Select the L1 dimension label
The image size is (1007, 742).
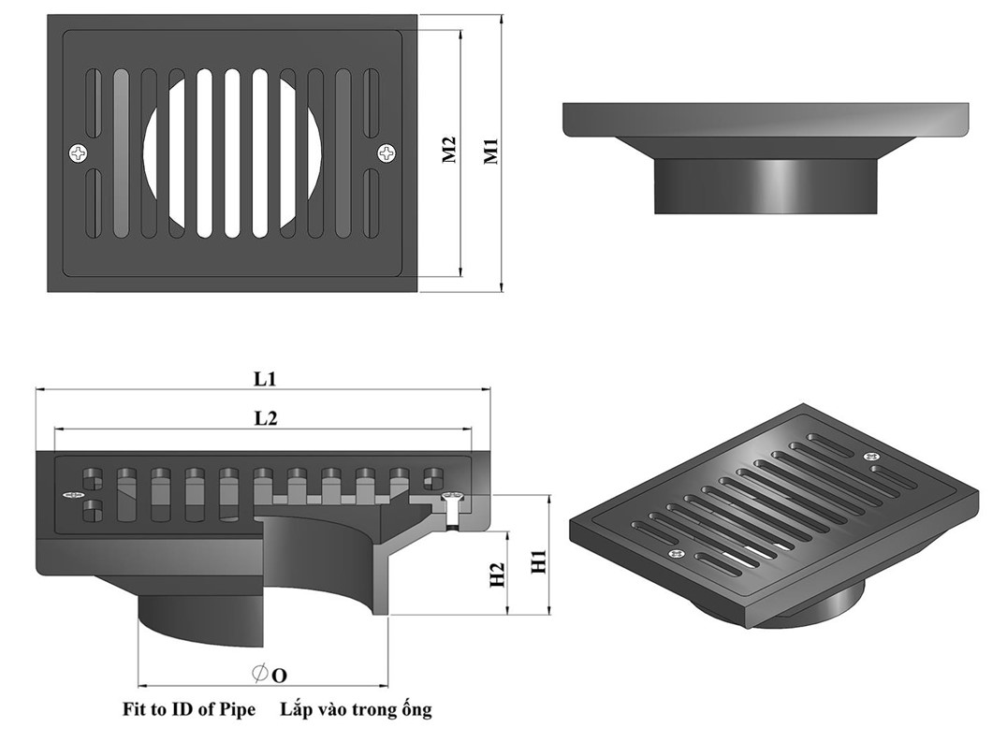(265, 380)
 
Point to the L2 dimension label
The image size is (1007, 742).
(266, 419)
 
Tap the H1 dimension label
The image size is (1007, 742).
(538, 561)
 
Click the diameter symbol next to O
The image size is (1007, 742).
(260, 673)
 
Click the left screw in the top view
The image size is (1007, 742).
(78, 152)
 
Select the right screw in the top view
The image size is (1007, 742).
(387, 152)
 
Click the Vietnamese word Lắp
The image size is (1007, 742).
(296, 709)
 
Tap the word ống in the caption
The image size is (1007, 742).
(416, 709)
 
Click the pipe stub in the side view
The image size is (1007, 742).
(766, 185)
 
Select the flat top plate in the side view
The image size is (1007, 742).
(766, 119)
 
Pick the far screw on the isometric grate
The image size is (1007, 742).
(868, 456)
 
